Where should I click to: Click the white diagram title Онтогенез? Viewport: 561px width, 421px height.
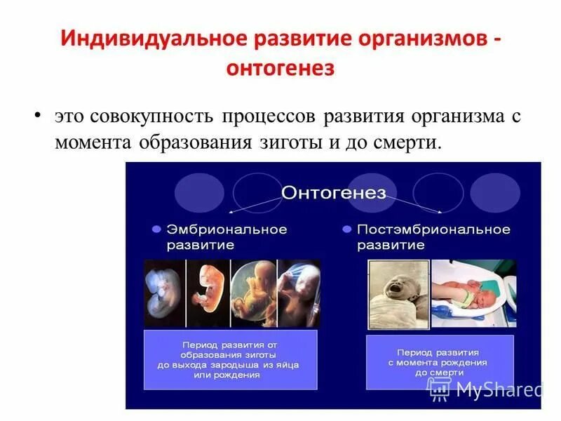point(333,193)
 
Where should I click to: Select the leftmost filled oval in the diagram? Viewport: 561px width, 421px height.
point(199,192)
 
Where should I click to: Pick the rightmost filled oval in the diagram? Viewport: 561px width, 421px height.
point(495,192)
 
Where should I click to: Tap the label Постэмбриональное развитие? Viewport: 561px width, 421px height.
point(433,237)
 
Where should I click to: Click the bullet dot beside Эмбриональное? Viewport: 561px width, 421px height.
point(156,229)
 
